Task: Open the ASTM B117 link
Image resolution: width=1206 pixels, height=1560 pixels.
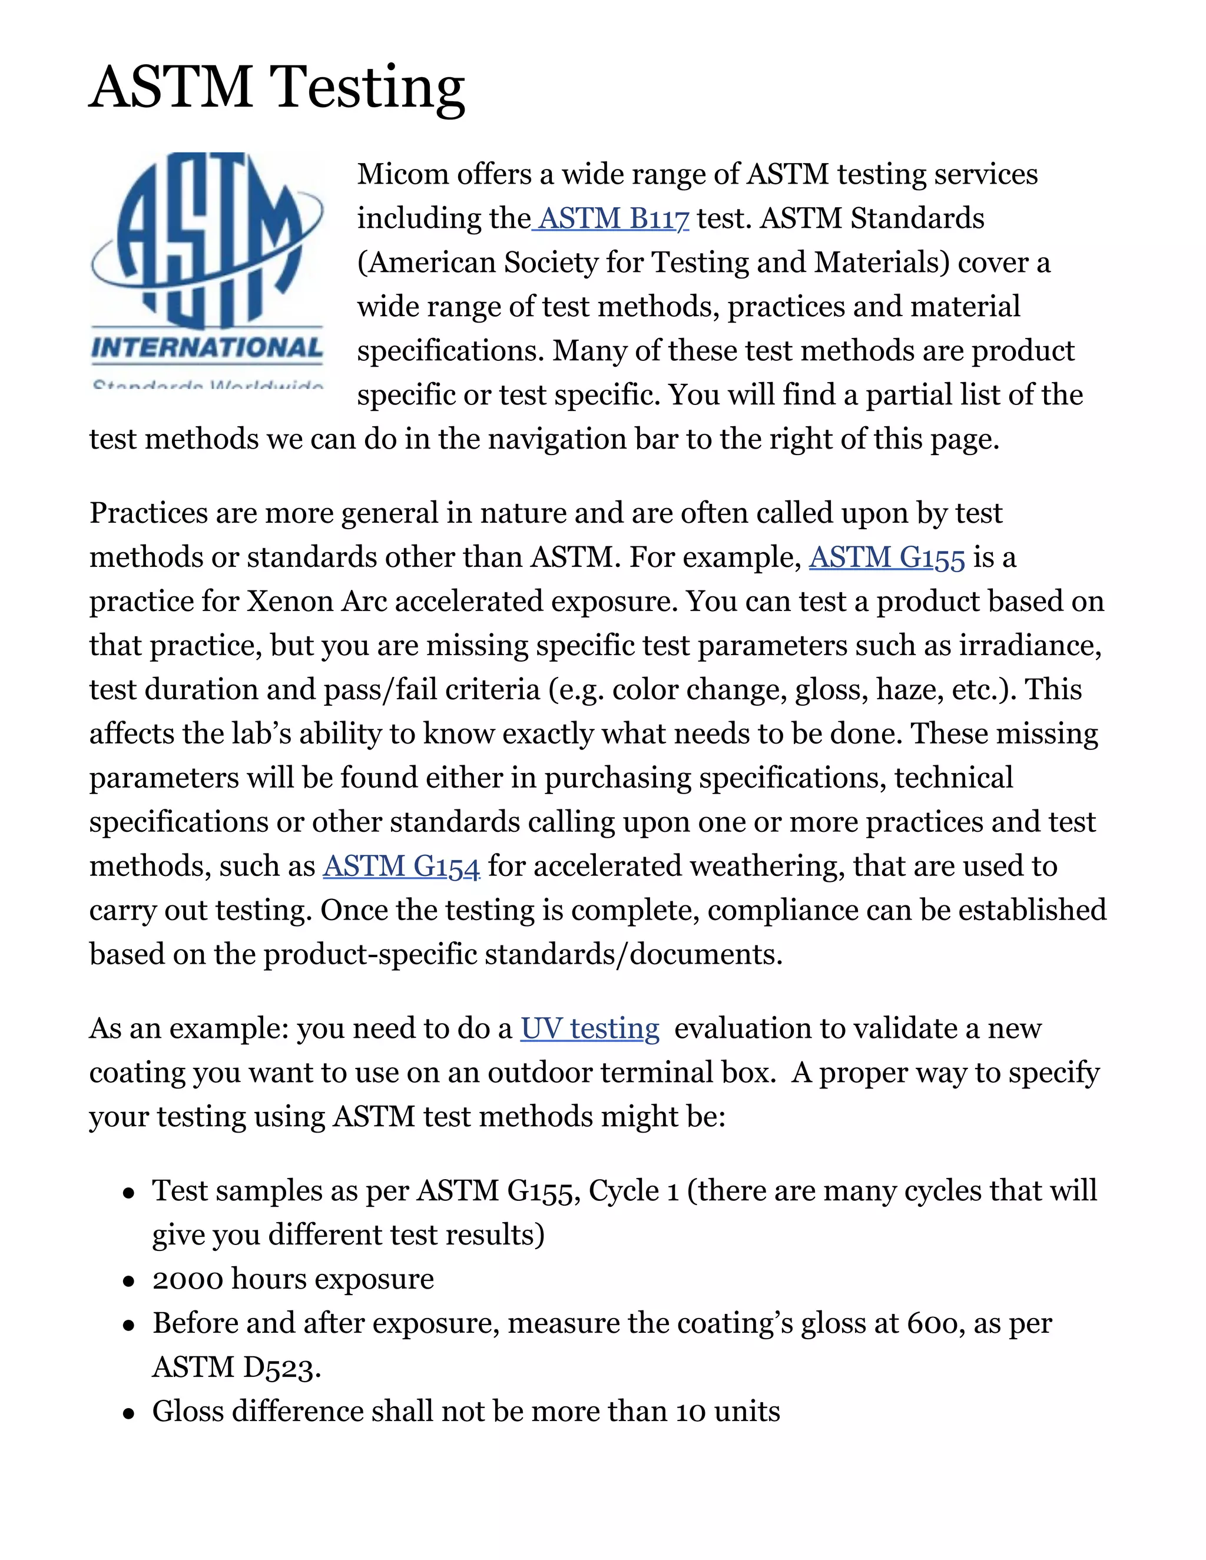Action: coord(613,218)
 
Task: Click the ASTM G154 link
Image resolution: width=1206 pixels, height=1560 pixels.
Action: coord(401,867)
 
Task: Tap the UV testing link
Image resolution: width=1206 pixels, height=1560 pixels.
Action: coord(589,1029)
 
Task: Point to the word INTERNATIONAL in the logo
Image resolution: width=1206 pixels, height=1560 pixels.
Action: coord(207,348)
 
